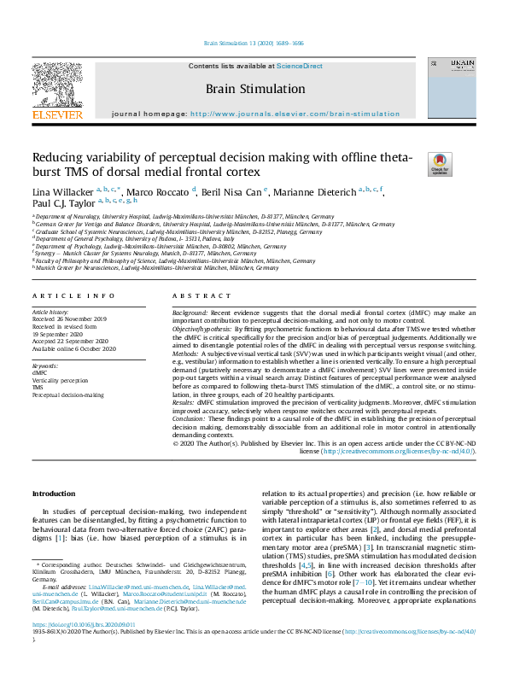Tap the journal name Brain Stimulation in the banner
254,88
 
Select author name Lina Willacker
62,190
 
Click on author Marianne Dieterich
317,190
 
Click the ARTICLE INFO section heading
73,295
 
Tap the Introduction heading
53,494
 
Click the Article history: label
52,313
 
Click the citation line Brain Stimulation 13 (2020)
254,43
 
